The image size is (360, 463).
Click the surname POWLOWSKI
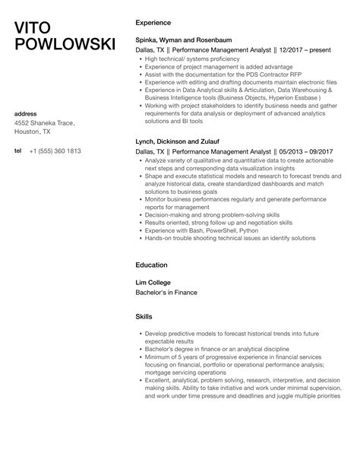point(65,47)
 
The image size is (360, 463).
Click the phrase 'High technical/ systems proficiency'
point(193,59)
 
